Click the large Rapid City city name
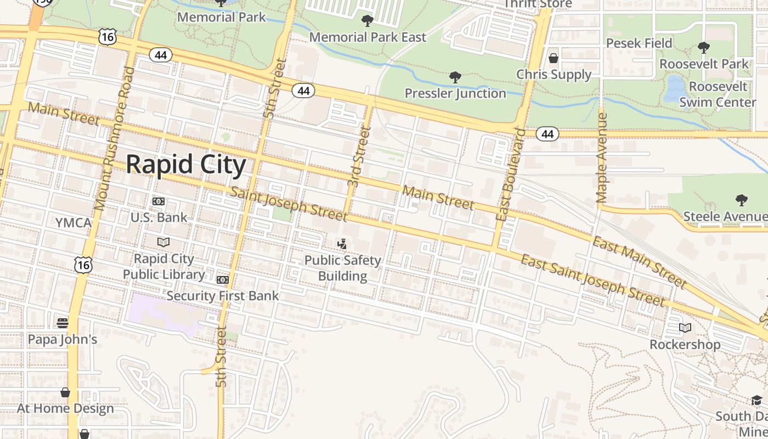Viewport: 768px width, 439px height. (186, 165)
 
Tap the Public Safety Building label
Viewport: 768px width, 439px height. (343, 268)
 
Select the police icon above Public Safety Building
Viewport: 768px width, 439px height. (342, 243)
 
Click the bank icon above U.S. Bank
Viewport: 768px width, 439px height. (159, 201)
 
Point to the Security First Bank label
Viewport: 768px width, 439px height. (223, 296)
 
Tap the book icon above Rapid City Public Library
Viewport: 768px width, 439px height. (163, 242)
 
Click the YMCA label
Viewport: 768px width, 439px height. (73, 223)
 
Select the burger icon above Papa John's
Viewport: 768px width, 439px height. (63, 322)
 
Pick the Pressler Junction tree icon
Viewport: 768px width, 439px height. (455, 77)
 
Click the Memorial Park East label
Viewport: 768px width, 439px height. (368, 37)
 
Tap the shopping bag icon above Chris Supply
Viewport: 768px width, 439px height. (554, 58)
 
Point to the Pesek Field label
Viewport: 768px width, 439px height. (639, 43)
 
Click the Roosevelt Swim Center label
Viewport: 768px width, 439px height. (718, 94)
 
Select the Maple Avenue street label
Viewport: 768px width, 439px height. (602, 158)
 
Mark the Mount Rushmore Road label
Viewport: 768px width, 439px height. (114, 138)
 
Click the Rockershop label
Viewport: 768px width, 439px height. (685, 345)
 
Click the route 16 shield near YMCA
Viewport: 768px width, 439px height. (83, 265)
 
